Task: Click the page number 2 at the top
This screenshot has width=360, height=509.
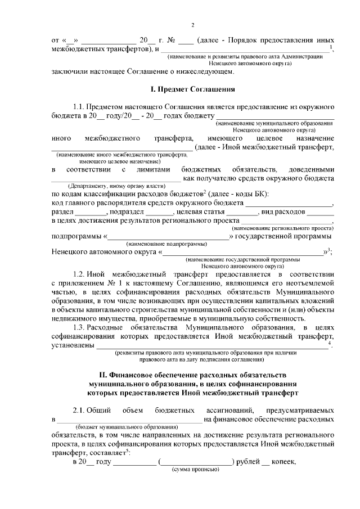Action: pos(192,25)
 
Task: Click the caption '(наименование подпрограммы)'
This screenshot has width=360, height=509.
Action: pos(166,244)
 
